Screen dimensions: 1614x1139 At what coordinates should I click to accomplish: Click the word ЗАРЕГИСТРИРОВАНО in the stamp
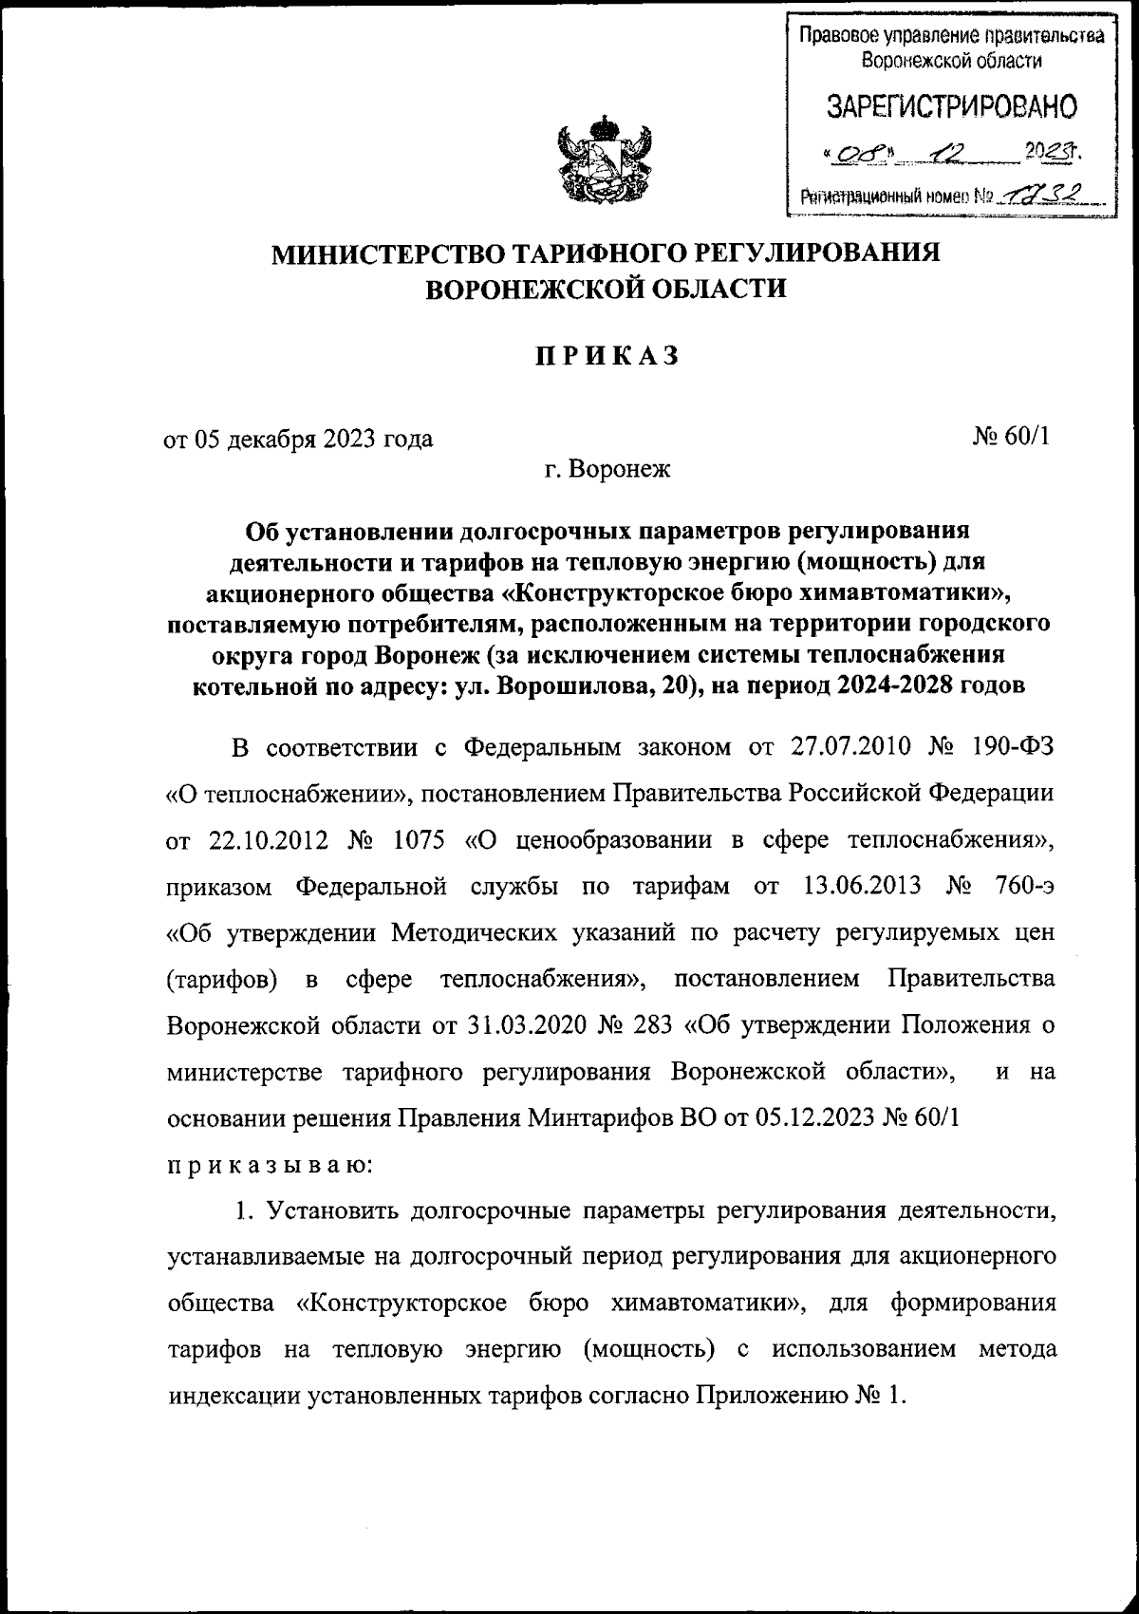click(x=953, y=107)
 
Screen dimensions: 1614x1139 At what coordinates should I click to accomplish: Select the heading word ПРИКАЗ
click(x=607, y=356)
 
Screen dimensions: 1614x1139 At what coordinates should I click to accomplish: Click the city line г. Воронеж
click(x=607, y=469)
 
